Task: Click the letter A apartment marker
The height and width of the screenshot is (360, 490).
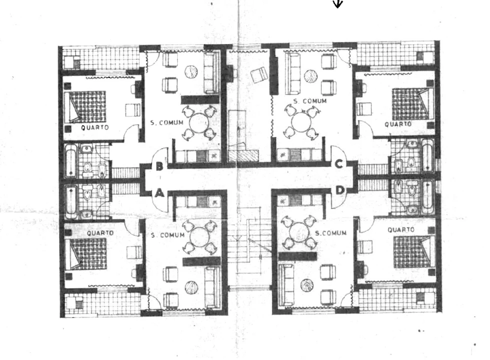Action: click(x=159, y=193)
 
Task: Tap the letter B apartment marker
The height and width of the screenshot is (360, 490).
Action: click(x=159, y=166)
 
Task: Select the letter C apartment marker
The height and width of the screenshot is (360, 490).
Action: click(x=339, y=163)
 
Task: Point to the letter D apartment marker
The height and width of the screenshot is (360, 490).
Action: click(x=340, y=190)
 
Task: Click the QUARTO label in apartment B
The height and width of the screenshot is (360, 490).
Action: click(x=95, y=127)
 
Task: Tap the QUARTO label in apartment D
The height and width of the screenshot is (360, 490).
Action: click(x=401, y=230)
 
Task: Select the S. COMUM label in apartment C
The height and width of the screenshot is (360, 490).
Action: click(x=310, y=101)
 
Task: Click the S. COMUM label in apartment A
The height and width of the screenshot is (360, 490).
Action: click(x=168, y=235)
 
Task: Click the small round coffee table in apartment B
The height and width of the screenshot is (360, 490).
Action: click(x=191, y=72)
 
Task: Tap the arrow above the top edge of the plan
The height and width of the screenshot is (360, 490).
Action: click(x=338, y=3)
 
